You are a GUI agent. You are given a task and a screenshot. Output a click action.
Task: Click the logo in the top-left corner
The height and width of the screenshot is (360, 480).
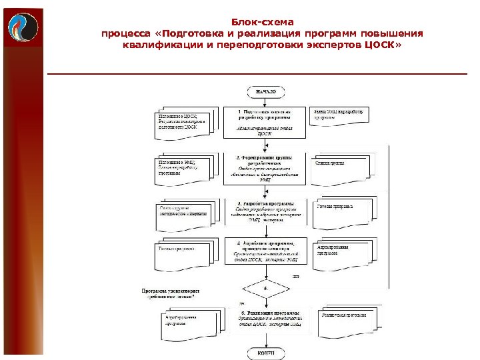coord(23,27)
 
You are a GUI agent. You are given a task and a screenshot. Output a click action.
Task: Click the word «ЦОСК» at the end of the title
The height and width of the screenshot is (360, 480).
coord(380,46)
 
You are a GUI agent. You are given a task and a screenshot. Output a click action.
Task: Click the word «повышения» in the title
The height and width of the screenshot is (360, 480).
coord(393,34)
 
